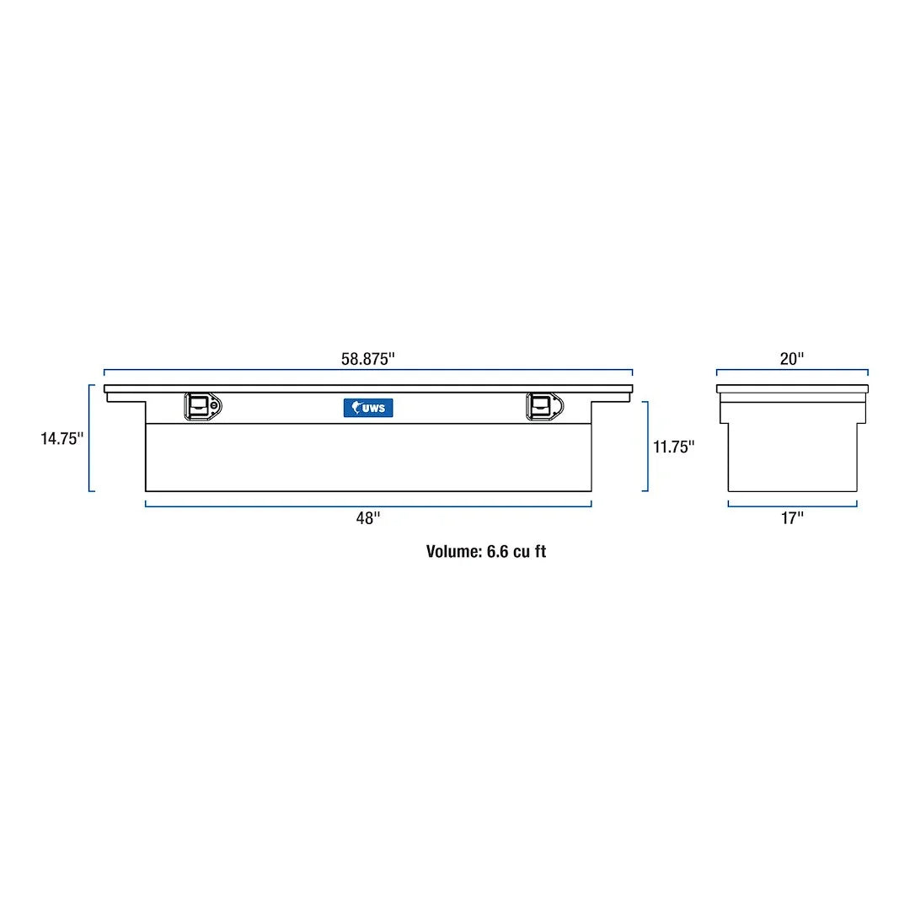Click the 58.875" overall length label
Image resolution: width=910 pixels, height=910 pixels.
368,358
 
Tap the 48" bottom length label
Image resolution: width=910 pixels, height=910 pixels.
368,518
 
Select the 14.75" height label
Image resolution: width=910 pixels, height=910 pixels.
62,438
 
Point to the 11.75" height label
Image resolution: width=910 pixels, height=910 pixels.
673,447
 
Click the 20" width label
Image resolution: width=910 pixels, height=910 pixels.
792,358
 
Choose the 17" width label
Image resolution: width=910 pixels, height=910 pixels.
792,518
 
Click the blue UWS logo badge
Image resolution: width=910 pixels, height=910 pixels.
368,408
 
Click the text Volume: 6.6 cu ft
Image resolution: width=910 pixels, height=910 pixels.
485,552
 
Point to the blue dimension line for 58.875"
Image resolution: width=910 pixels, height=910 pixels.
253,370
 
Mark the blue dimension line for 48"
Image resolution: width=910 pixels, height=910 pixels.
253,506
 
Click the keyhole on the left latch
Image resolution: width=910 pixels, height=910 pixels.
215,407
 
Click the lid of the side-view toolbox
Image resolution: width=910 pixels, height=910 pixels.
792,388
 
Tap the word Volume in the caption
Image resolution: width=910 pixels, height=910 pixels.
453,552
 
